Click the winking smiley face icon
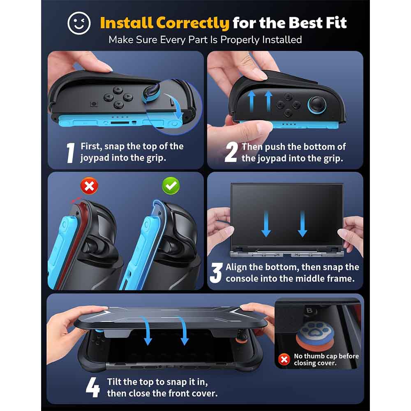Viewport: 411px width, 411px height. click(79, 23)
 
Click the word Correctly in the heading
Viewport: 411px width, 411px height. click(193, 23)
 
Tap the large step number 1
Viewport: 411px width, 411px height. click(70, 153)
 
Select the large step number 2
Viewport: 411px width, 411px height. click(231, 152)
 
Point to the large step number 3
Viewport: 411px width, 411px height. click(216, 273)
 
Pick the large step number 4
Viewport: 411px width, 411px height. click(93, 388)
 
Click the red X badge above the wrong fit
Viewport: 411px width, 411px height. click(89, 186)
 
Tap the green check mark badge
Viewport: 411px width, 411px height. click(171, 186)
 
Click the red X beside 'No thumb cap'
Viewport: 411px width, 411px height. click(284, 359)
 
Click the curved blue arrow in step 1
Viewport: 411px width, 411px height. click(175, 105)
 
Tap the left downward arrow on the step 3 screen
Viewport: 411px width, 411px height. click(266, 224)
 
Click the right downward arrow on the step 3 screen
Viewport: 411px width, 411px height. click(302, 224)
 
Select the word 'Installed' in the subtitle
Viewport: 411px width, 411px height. click(282, 40)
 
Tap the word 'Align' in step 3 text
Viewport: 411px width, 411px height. click(236, 268)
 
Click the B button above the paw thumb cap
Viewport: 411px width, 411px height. click(309, 311)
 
